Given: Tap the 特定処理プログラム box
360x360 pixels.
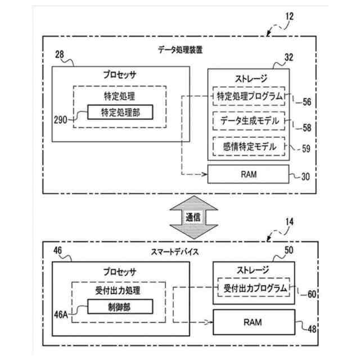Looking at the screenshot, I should [250, 96].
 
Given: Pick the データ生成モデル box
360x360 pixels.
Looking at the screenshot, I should [250, 121].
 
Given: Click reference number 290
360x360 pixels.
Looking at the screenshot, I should [60, 120].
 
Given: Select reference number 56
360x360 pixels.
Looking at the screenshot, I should [306, 102].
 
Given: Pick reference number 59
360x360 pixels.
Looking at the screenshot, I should [306, 150].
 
